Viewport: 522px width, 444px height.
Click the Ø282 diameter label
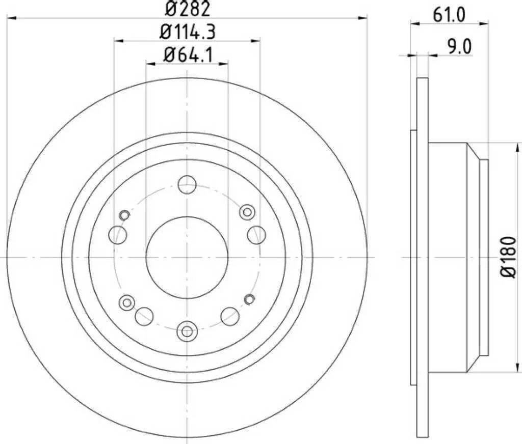(x=188, y=9)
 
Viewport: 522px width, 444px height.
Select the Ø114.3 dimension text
(x=188, y=32)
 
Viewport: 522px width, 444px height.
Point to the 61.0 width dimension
(x=449, y=15)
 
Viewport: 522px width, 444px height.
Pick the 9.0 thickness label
(x=459, y=47)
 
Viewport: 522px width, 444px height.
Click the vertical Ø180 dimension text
(x=508, y=257)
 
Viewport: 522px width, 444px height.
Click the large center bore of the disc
(x=187, y=257)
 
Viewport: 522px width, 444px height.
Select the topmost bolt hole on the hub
(x=187, y=184)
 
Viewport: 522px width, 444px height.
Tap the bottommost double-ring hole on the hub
(x=187, y=331)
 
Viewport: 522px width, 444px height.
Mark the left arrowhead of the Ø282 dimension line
(x=12, y=18)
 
